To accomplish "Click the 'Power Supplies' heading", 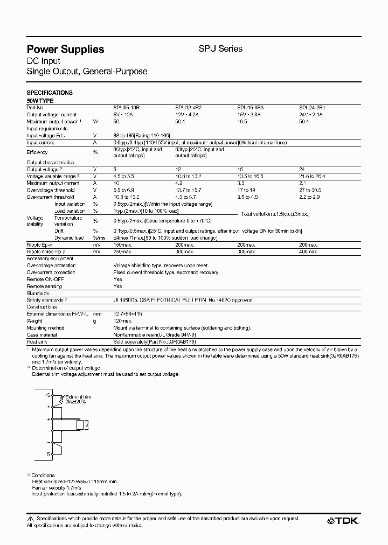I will pos(65,49).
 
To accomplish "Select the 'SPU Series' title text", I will pos(221,48).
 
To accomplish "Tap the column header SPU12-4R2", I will pos(188,108).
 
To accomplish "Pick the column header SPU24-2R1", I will pos(311,108).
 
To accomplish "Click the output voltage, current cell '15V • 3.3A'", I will pos(250,115).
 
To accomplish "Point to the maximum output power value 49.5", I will pos(244,122).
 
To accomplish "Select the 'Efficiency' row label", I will pos(37,152).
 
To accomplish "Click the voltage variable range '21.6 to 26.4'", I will pos(314,176).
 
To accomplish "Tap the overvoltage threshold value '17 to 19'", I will pos(247,190).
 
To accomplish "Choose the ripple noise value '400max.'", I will pos(309,251).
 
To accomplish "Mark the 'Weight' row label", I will pos(34,320).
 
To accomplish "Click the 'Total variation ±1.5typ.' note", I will pos(275,214).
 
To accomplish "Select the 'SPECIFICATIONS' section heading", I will pos(50,93).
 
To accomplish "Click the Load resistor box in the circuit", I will pos(80,424).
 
